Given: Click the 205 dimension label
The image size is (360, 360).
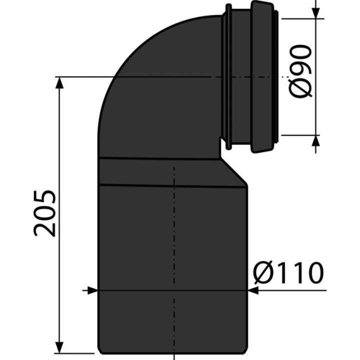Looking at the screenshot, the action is coord(45,213).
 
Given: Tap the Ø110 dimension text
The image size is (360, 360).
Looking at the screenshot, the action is coord(288,273).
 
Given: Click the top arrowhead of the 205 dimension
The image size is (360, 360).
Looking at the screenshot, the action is coord(59,82).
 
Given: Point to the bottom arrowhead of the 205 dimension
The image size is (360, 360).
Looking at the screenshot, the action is coord(59,347).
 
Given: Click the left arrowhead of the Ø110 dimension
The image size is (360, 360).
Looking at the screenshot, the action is coord(92,290).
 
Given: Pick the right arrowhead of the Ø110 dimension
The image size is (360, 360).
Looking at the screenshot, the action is coord(253,290).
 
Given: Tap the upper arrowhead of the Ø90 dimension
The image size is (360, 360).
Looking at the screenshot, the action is coord(316,13).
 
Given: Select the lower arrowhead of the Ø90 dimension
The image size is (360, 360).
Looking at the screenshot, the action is coord(316,140).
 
